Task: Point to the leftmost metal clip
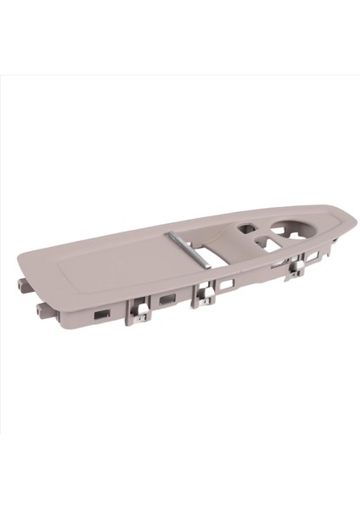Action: coord(140,314)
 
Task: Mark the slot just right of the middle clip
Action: coord(226,285)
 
